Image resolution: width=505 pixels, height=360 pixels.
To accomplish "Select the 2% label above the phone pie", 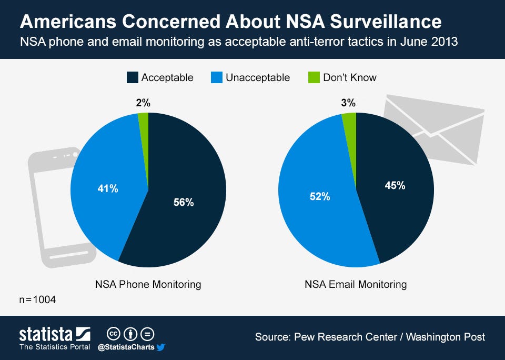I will tap(143, 103).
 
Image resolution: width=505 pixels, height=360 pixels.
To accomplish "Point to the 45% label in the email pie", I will tap(395, 185).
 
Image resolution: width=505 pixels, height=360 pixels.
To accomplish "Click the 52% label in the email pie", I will tap(319, 196).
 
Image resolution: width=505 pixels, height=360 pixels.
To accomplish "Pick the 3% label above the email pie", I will tap(348, 103).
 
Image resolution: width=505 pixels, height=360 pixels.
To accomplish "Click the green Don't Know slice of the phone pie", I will tap(144, 124).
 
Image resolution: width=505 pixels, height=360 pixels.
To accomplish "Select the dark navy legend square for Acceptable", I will tap(132, 77).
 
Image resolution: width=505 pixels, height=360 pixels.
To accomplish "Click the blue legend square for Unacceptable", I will tap(216, 77).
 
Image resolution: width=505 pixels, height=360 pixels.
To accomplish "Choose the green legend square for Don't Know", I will tap(314, 77).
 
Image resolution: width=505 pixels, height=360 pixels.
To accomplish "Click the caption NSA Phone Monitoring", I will tap(148, 284).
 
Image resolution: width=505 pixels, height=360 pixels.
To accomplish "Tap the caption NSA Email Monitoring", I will tap(356, 284).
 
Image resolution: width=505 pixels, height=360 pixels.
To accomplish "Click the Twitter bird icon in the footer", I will tap(161, 347).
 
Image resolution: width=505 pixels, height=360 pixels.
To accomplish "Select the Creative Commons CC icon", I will tap(114, 334).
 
